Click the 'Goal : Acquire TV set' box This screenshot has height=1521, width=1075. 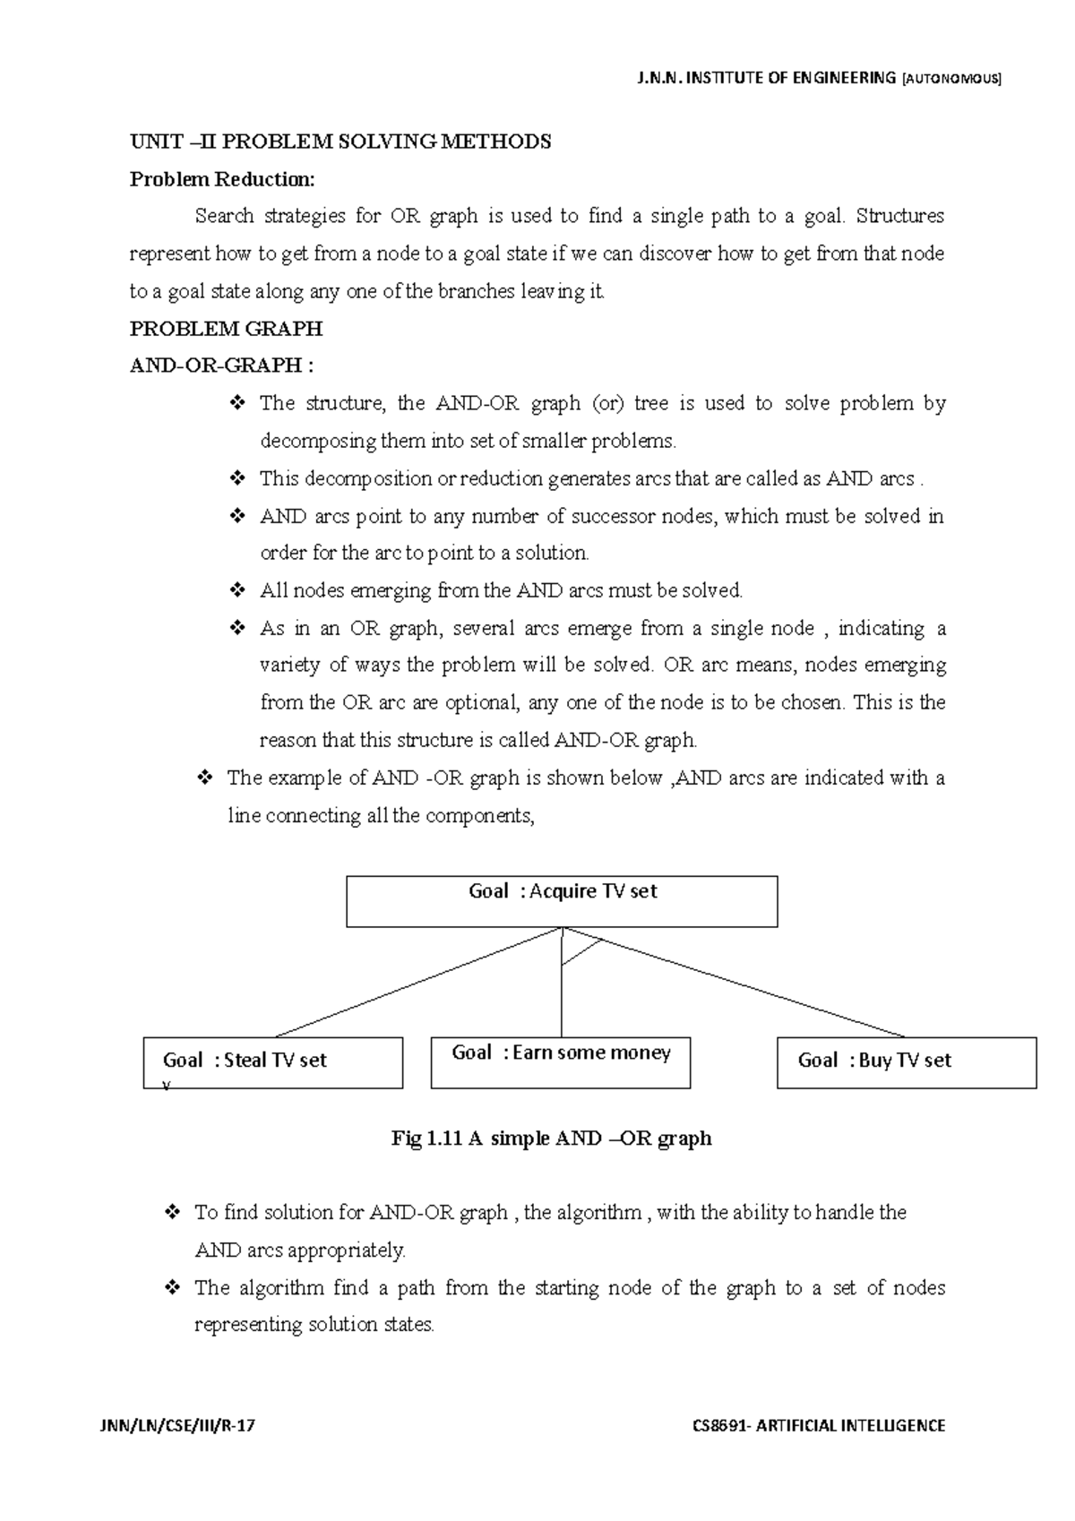[562, 901]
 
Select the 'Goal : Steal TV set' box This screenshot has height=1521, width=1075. [272, 1063]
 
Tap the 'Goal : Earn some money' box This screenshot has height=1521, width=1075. [560, 1063]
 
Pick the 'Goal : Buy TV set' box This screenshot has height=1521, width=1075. [906, 1063]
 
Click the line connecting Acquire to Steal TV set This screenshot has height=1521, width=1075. [417, 983]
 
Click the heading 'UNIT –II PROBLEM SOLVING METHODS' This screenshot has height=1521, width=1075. [340, 142]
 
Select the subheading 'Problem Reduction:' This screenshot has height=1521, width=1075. [222, 179]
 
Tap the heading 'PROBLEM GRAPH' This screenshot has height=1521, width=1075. [226, 329]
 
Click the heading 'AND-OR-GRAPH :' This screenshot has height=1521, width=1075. [222, 365]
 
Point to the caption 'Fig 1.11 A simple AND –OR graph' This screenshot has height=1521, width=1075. [551, 1139]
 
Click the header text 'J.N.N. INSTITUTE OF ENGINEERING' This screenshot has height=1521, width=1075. [766, 78]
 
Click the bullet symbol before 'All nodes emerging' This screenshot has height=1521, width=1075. [237, 590]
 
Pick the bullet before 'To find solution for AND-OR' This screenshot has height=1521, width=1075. [173, 1213]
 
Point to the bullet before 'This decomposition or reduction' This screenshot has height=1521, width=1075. [237, 478]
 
